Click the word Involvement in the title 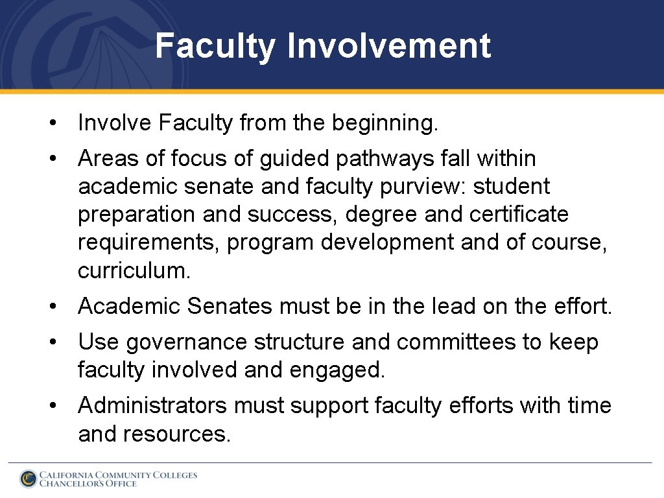click(x=388, y=47)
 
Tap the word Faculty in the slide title click(x=215, y=47)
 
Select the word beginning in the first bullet click(x=385, y=123)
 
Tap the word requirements click(x=148, y=243)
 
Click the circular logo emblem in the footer click(x=28, y=479)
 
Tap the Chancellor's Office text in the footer click(x=88, y=484)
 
